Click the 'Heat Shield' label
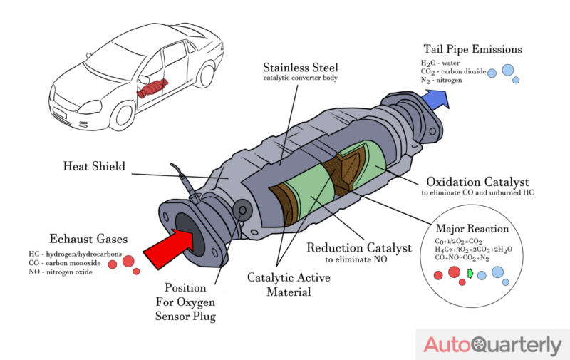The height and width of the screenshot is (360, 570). pyautogui.click(x=93, y=167)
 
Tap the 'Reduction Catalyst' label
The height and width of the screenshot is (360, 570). pyautogui.click(x=358, y=248)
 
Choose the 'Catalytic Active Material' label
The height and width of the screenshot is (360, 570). pyautogui.click(x=289, y=284)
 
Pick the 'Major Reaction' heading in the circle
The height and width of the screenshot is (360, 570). pyautogui.click(x=472, y=229)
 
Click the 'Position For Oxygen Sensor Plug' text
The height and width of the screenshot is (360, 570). pyautogui.click(x=186, y=303)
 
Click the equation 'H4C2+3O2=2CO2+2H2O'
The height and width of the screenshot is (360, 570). pyautogui.click(x=473, y=250)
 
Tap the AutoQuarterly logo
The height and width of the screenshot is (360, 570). pyautogui.click(x=492, y=345)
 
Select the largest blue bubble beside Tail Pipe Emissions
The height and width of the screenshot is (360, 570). pyautogui.click(x=507, y=70)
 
